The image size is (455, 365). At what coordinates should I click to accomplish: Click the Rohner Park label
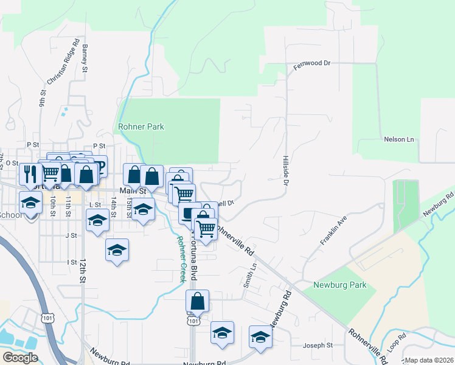141,127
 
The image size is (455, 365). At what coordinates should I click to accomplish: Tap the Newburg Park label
340,285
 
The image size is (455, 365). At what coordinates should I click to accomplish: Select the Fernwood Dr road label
312,63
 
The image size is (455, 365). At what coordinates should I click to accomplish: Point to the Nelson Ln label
398,139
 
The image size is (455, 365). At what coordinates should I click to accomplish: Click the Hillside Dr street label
285,169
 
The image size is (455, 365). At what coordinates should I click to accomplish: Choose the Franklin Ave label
333,230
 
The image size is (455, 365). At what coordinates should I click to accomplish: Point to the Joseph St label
318,345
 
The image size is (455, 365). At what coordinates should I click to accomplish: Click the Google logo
20,358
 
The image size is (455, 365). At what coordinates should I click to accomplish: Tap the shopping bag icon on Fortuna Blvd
197,301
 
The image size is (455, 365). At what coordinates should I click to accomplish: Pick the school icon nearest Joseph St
260,336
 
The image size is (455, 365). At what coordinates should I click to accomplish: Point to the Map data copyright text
428,360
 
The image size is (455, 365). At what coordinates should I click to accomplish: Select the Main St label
134,190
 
